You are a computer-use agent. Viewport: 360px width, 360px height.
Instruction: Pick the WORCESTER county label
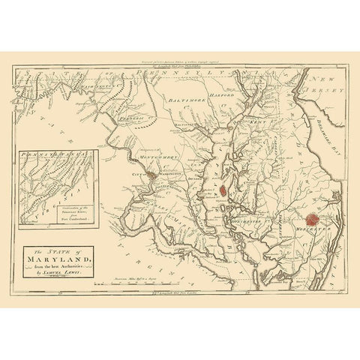click(x=310, y=225)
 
